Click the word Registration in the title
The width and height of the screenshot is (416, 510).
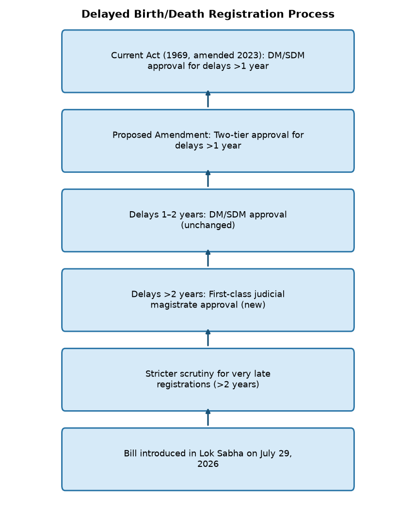(247, 15)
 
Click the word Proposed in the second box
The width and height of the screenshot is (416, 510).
(132, 135)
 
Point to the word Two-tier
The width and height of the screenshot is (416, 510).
(231, 135)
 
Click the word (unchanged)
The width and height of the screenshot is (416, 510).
(208, 225)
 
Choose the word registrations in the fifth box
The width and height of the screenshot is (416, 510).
(184, 385)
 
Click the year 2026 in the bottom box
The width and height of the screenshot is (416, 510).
(208, 464)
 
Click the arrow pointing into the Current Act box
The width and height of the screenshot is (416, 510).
(208, 99)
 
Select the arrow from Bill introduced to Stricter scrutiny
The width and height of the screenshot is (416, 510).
(208, 417)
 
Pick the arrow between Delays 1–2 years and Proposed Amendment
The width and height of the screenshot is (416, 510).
(208, 179)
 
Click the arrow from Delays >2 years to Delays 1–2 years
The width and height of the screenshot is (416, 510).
(208, 258)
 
